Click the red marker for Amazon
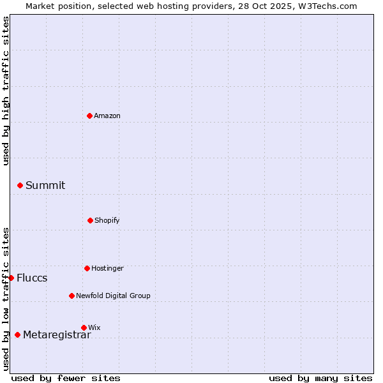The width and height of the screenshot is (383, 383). (89, 116)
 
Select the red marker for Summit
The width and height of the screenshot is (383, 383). (20, 185)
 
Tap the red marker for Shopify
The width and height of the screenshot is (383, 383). (90, 220)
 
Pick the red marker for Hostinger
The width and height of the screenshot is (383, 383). (87, 268)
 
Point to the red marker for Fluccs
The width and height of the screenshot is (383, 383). (11, 278)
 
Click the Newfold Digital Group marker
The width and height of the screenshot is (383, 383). (71, 296)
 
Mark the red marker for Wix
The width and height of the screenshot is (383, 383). (84, 327)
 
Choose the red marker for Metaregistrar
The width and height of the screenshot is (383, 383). (17, 334)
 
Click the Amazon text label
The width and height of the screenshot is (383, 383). (107, 116)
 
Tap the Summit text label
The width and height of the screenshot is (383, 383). (45, 185)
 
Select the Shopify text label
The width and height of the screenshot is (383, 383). (107, 220)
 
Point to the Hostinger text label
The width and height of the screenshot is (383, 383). (107, 268)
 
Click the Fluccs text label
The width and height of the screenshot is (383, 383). (32, 278)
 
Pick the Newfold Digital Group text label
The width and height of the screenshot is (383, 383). (114, 296)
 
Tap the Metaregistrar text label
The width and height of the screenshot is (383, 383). (57, 334)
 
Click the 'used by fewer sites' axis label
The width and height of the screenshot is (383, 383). (66, 378)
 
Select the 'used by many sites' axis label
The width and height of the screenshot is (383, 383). (320, 378)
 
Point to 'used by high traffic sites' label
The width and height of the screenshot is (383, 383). (6, 91)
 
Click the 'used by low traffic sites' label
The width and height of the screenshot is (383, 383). (6, 298)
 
